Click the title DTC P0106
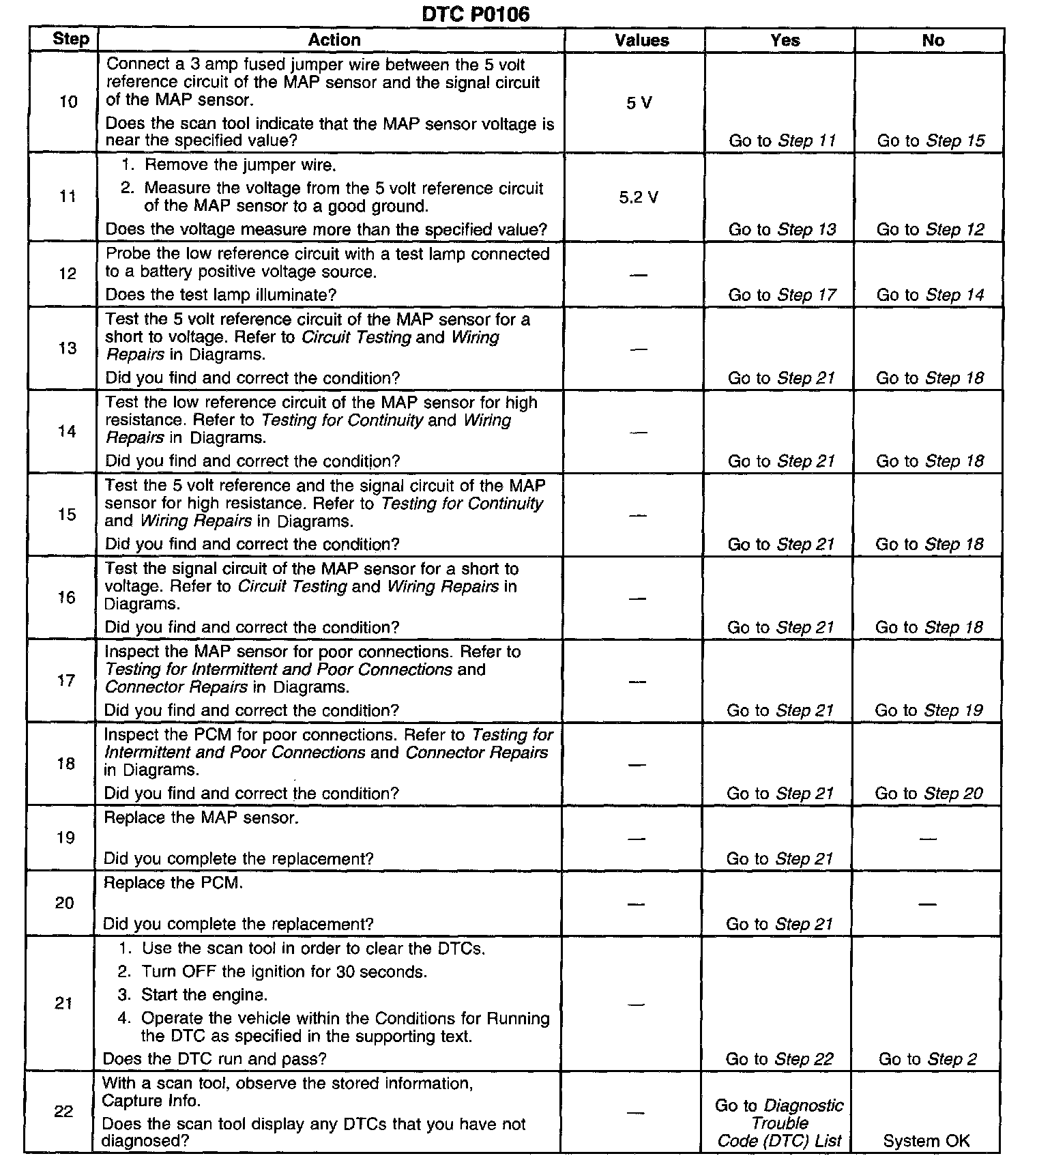[x=476, y=14]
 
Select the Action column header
[x=334, y=40]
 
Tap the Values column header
[x=641, y=40]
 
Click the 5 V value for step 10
[x=639, y=103]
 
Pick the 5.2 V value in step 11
[x=639, y=198]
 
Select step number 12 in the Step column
[x=68, y=274]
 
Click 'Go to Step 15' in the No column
[x=931, y=141]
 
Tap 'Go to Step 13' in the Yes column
[x=782, y=229]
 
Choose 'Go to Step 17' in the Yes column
[x=782, y=295]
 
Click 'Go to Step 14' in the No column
[x=931, y=295]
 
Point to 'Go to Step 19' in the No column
[x=929, y=710]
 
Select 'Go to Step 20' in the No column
[x=929, y=794]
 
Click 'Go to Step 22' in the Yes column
[x=780, y=1059]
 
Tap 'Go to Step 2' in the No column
[x=928, y=1059]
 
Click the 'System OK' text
[x=926, y=1141]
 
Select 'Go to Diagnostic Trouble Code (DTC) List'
[x=779, y=1123]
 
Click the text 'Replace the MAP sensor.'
[x=201, y=818]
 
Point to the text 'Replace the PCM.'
[x=173, y=883]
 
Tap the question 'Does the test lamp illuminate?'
[x=221, y=295]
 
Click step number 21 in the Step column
[x=64, y=1003]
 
